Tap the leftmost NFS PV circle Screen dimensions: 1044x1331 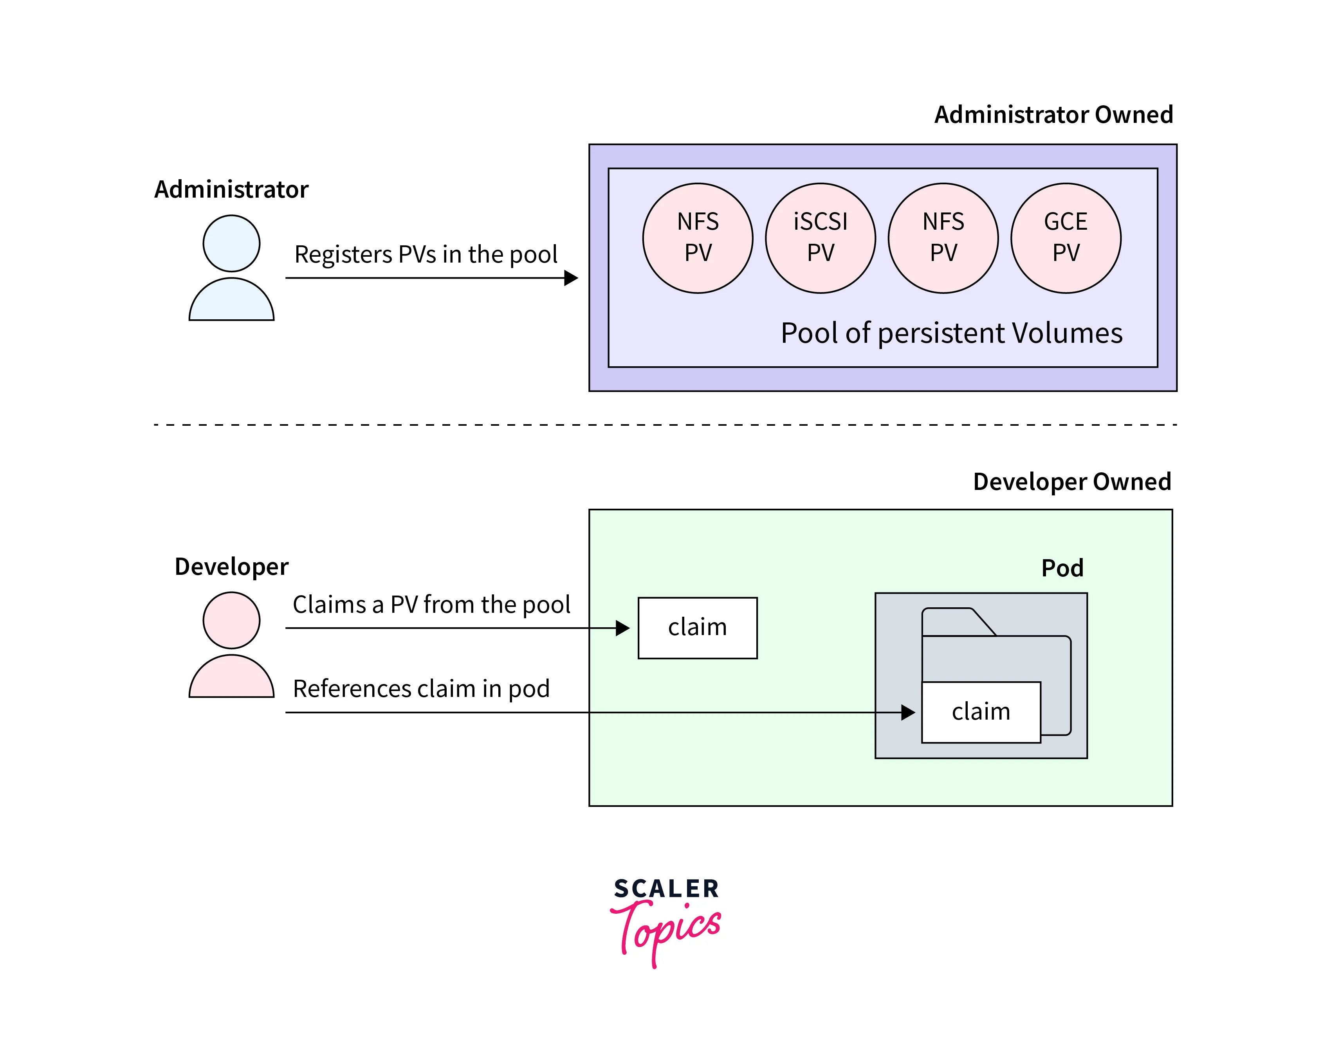tap(698, 238)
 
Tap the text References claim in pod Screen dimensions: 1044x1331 tap(421, 689)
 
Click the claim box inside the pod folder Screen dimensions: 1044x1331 tap(981, 712)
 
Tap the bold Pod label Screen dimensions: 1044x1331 tap(1062, 569)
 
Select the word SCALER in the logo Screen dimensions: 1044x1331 tap(666, 889)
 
